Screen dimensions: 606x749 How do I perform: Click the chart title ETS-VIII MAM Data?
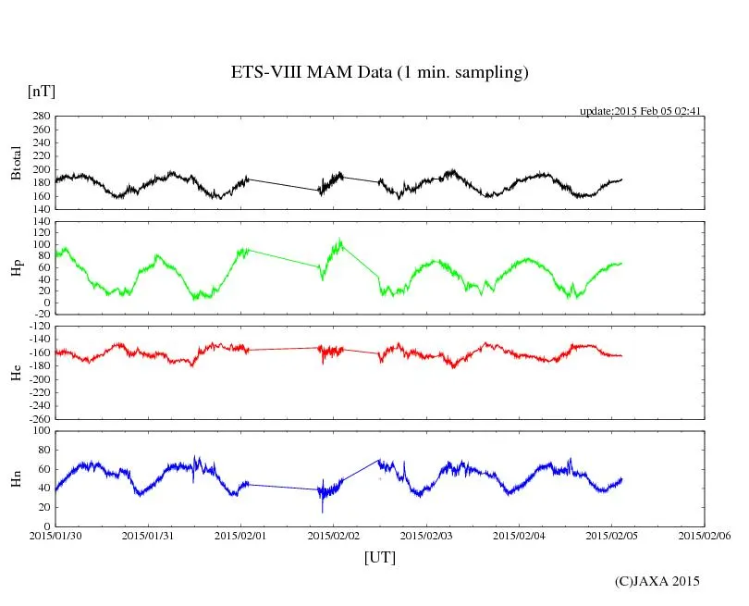click(379, 73)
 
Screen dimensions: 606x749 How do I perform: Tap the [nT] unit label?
click(42, 92)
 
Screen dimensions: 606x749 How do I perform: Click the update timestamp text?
click(641, 111)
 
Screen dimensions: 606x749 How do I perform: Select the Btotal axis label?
click(16, 163)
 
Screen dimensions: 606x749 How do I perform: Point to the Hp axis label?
click(16, 268)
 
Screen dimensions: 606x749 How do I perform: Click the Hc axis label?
click(16, 372)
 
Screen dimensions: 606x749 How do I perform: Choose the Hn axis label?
click(16, 477)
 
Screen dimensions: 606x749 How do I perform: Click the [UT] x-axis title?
click(380, 558)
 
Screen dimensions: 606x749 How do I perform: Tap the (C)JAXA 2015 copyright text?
click(657, 581)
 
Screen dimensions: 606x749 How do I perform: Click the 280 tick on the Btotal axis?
click(40, 117)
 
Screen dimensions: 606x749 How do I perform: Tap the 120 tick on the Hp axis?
click(40, 222)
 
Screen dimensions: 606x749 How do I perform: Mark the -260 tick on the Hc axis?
click(37, 418)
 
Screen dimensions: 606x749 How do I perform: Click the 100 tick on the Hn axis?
click(40, 430)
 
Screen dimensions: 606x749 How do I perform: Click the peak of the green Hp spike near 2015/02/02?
click(340, 240)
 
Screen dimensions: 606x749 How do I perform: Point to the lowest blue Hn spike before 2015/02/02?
click(322, 512)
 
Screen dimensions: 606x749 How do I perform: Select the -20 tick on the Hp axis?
click(40, 314)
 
